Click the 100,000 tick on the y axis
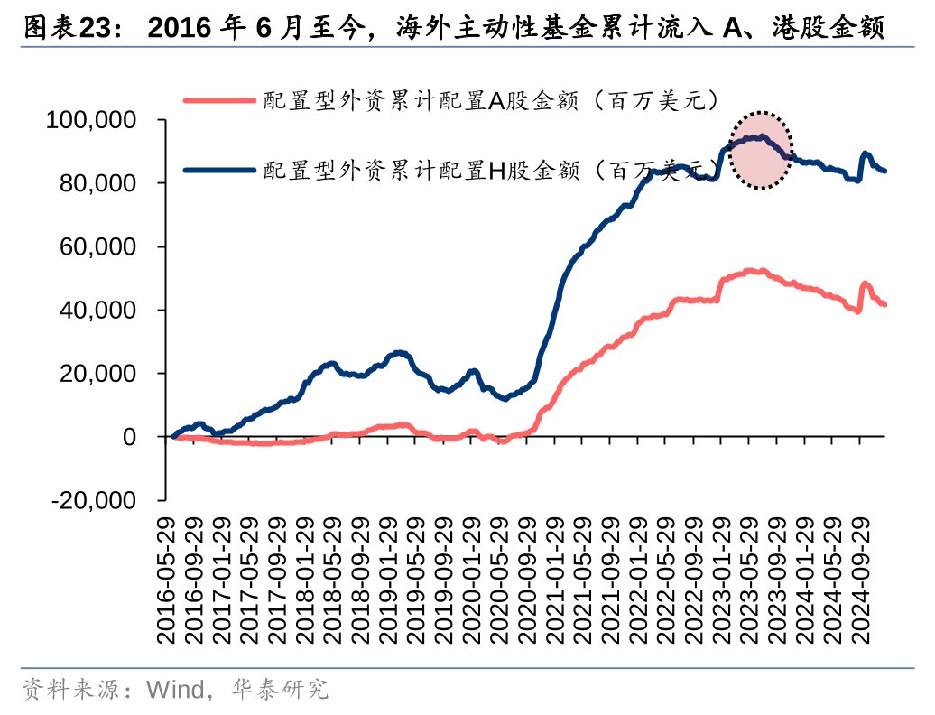click(x=104, y=120)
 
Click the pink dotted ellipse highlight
click(x=761, y=151)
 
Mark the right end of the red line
click(x=884, y=304)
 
